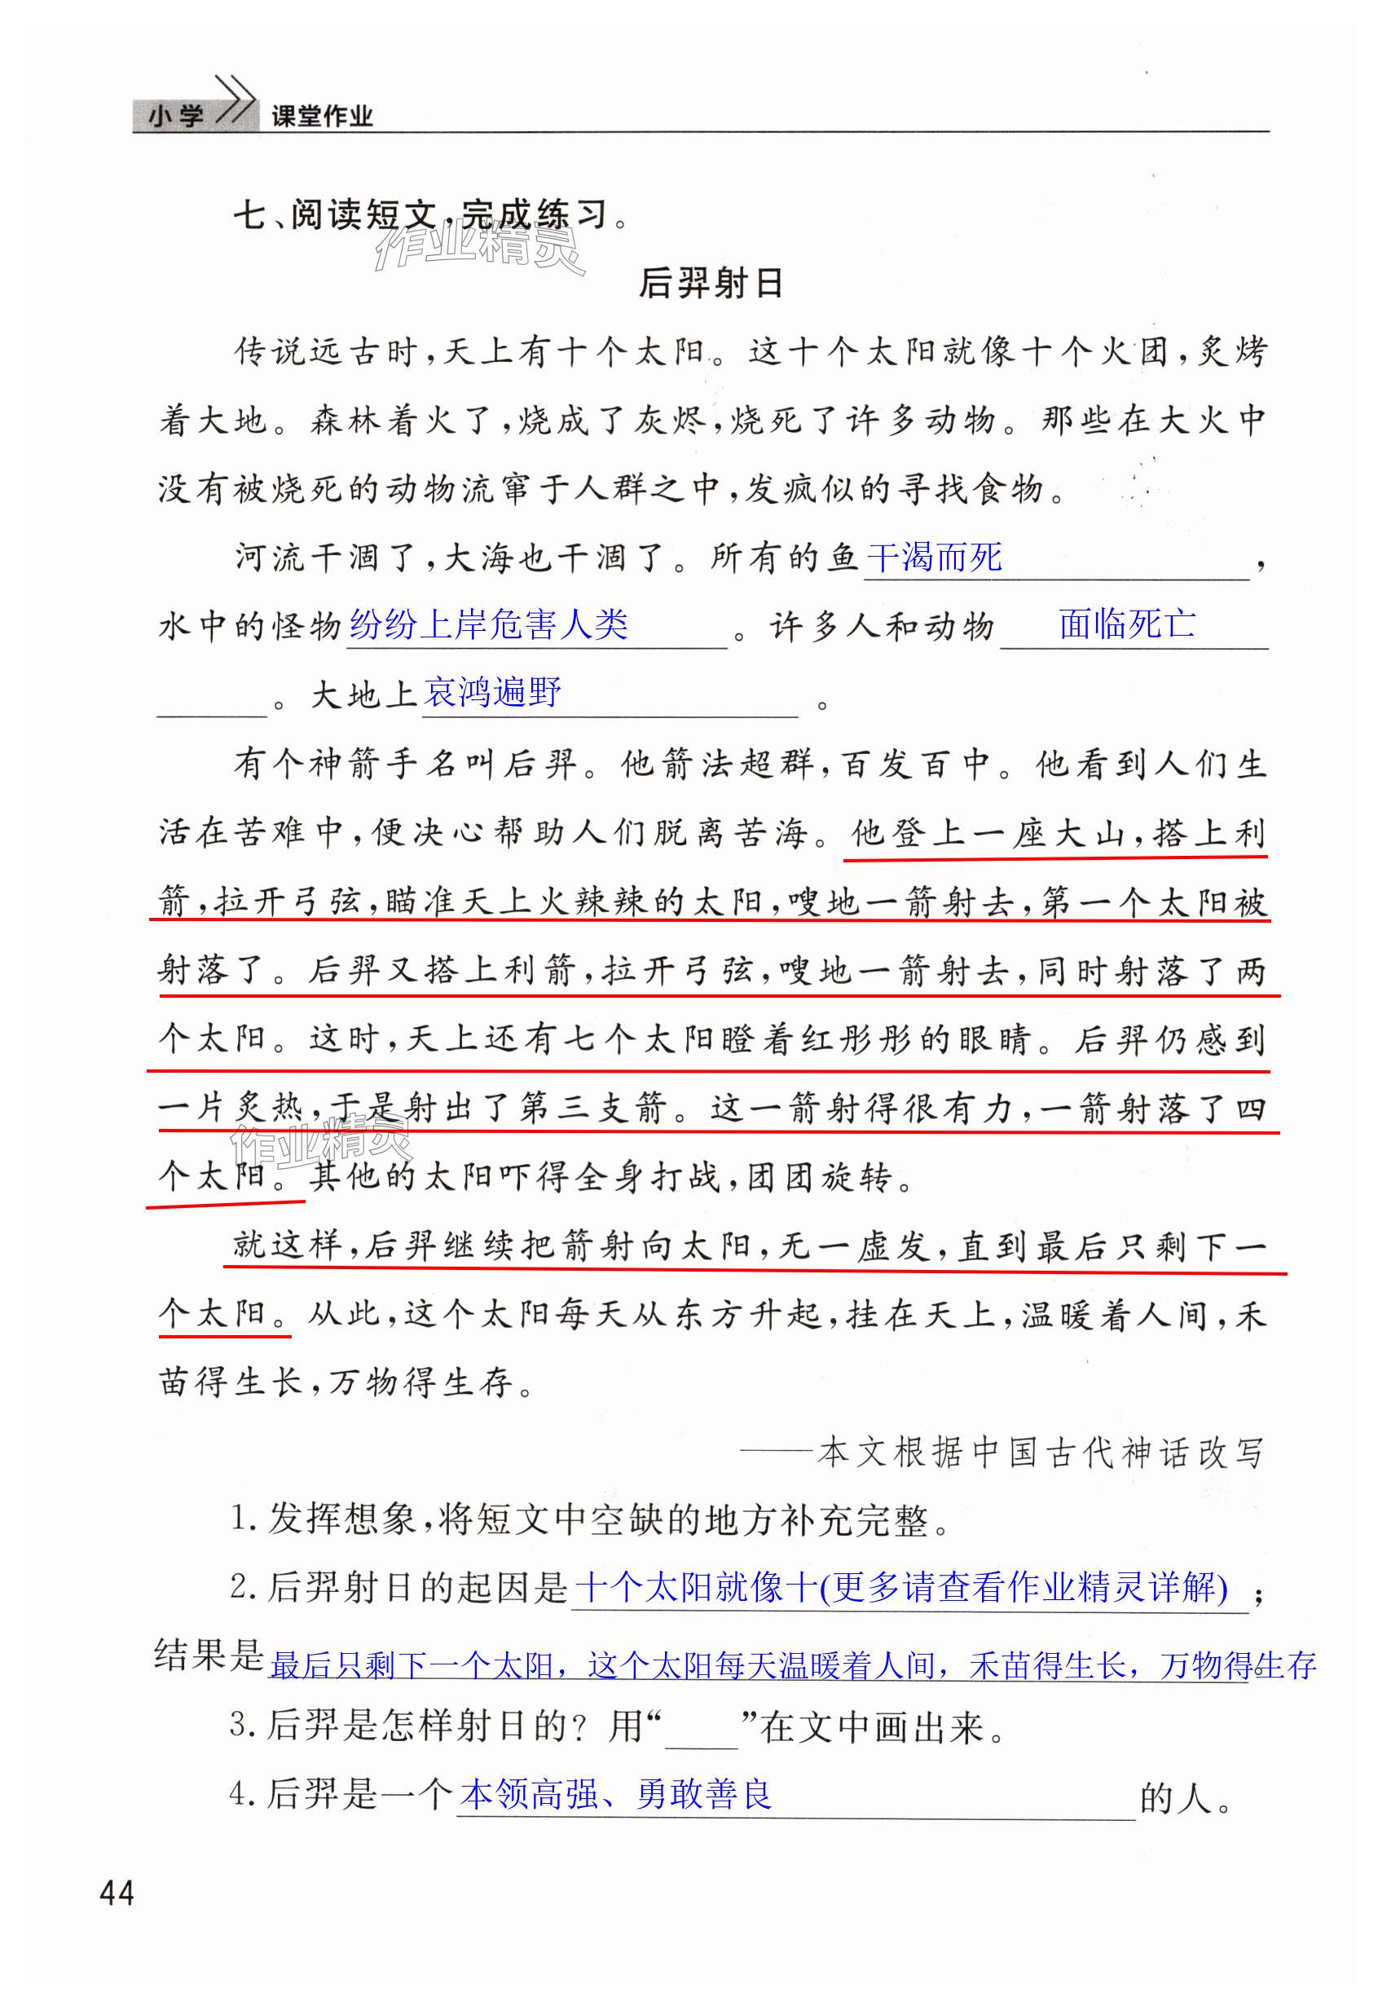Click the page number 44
pyautogui.click(x=117, y=1894)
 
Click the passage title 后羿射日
pyautogui.click(x=710, y=283)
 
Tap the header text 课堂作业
pyautogui.click(x=321, y=117)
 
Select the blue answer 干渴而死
pyautogui.click(x=934, y=558)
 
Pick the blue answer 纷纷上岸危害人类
pyautogui.click(x=489, y=625)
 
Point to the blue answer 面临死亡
pyautogui.click(x=1127, y=624)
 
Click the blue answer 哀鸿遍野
pyautogui.click(x=493, y=693)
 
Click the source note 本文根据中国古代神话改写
pyautogui.click(x=1041, y=1453)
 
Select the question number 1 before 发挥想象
pyautogui.click(x=240, y=1520)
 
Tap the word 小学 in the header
pyautogui.click(x=176, y=117)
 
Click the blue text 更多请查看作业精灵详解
pyautogui.click(x=1024, y=1587)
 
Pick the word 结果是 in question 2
pyautogui.click(x=209, y=1656)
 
